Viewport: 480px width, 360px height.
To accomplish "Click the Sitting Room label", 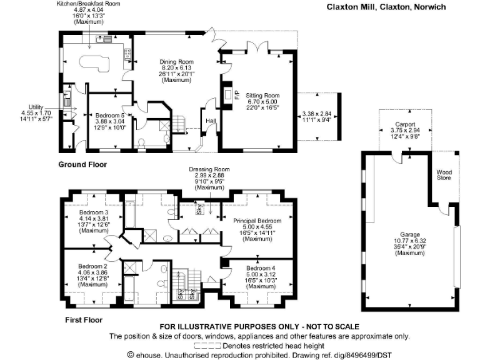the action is point(262,96).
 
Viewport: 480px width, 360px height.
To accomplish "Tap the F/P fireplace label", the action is point(236,94).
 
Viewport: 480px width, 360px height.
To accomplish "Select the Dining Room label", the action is point(176,62).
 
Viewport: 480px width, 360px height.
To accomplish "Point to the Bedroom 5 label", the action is point(110,116).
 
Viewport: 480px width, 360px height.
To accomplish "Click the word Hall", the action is point(211,121).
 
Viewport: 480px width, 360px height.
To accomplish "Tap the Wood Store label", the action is point(444,175).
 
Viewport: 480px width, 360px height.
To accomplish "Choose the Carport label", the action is point(405,124).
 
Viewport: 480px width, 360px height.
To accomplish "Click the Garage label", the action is point(410,235).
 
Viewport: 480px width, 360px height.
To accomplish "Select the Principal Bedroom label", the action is point(257,221).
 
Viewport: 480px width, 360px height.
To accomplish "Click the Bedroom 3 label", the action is point(94,212).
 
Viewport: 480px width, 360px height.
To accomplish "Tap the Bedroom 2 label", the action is point(92,266).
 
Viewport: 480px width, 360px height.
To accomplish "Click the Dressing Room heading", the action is point(209,169).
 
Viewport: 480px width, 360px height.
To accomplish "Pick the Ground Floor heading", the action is point(82,164).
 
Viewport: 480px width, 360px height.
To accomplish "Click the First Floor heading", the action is point(84,320).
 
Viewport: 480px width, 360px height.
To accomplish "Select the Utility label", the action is point(36,107).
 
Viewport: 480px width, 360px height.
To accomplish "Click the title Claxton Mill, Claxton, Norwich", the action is point(386,7).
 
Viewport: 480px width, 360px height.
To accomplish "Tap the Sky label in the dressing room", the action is point(200,209).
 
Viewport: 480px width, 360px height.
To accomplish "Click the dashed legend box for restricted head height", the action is point(207,346).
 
